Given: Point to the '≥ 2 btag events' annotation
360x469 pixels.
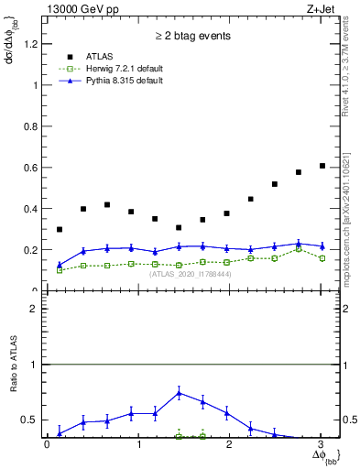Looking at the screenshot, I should click(x=192, y=37).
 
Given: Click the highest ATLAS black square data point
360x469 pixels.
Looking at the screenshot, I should click(x=322, y=166).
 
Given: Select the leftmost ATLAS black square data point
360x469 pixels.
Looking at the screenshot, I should click(x=60, y=229).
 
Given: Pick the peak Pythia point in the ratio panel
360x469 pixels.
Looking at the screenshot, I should click(x=179, y=393).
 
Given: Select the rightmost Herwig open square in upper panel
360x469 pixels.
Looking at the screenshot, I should click(x=322, y=258).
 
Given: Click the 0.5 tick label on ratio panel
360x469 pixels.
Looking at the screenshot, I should click(x=31, y=420).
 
